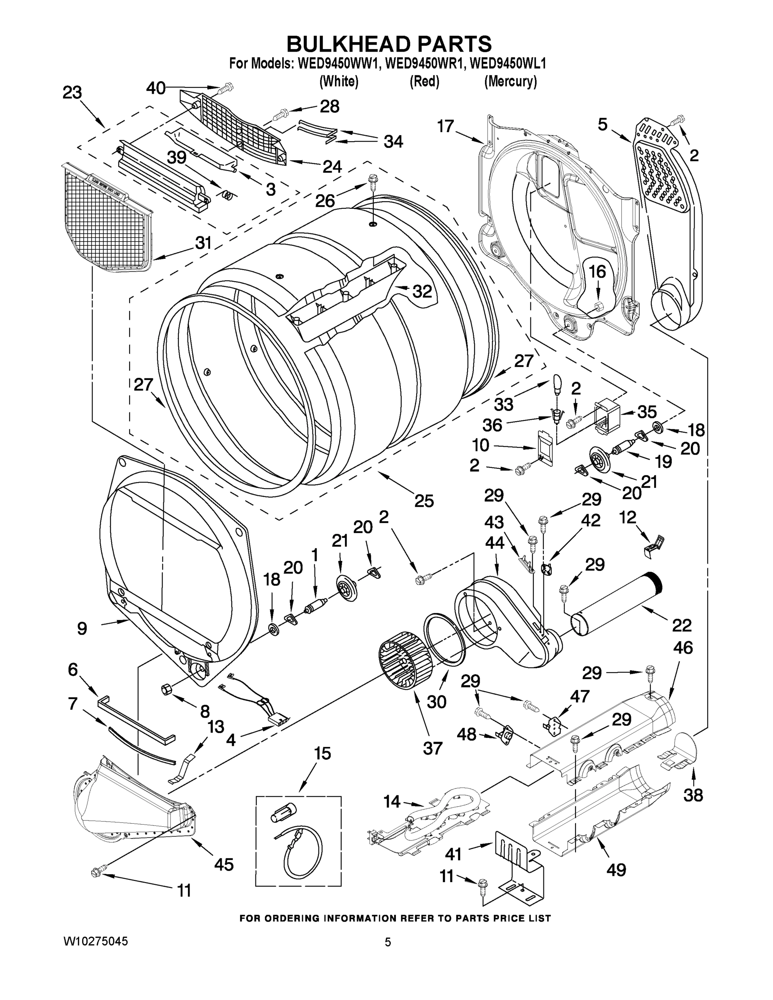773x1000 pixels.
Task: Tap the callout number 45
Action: pos(224,864)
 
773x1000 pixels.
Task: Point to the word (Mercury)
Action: pos(510,82)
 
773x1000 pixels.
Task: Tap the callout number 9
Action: pos(82,628)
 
